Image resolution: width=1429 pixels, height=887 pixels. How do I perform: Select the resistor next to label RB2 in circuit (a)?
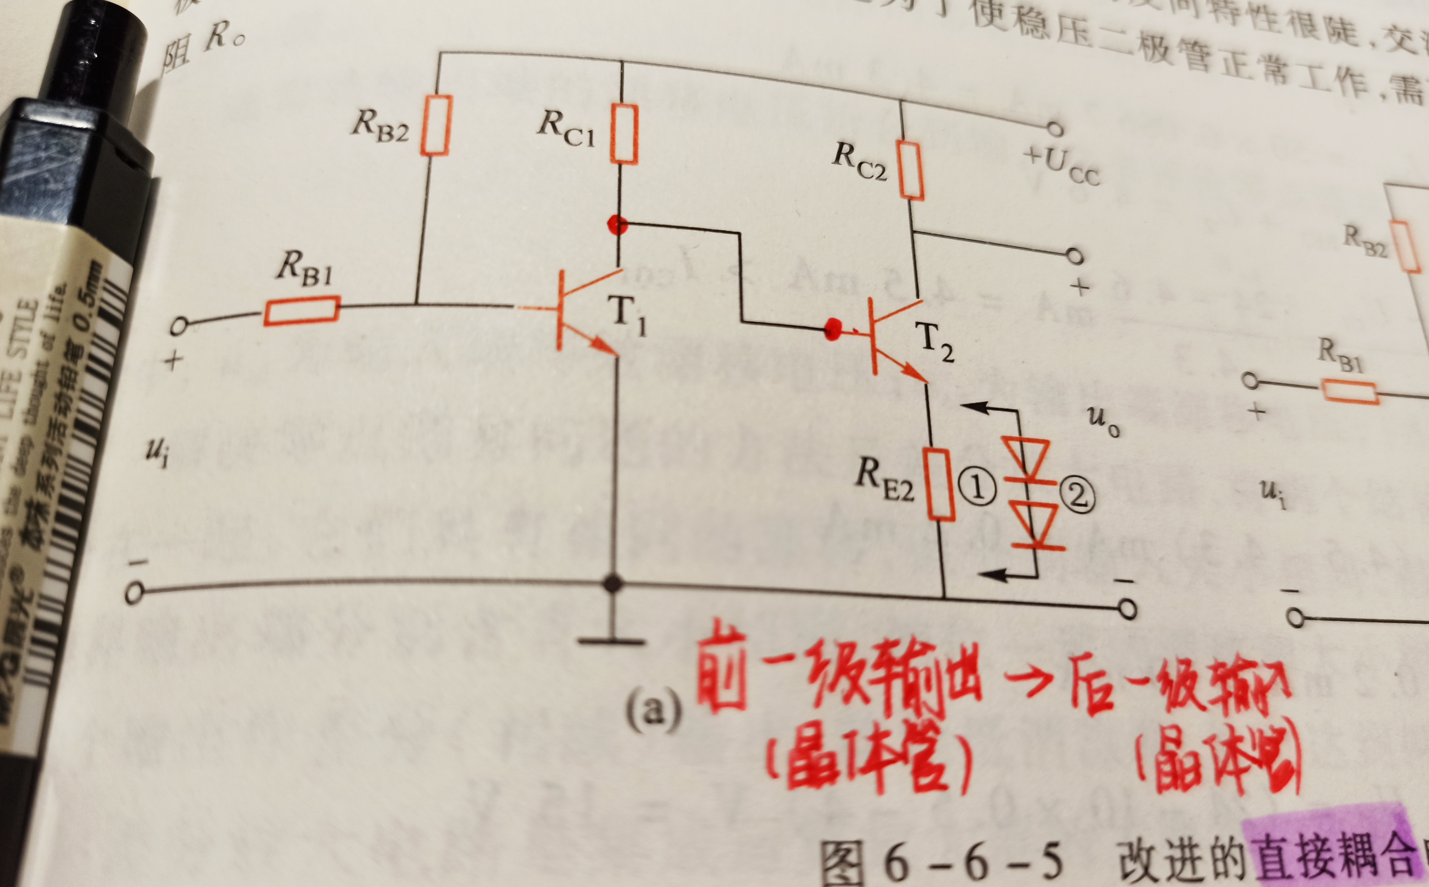click(x=436, y=126)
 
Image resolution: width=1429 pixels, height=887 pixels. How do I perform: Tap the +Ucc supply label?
click(x=1062, y=166)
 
